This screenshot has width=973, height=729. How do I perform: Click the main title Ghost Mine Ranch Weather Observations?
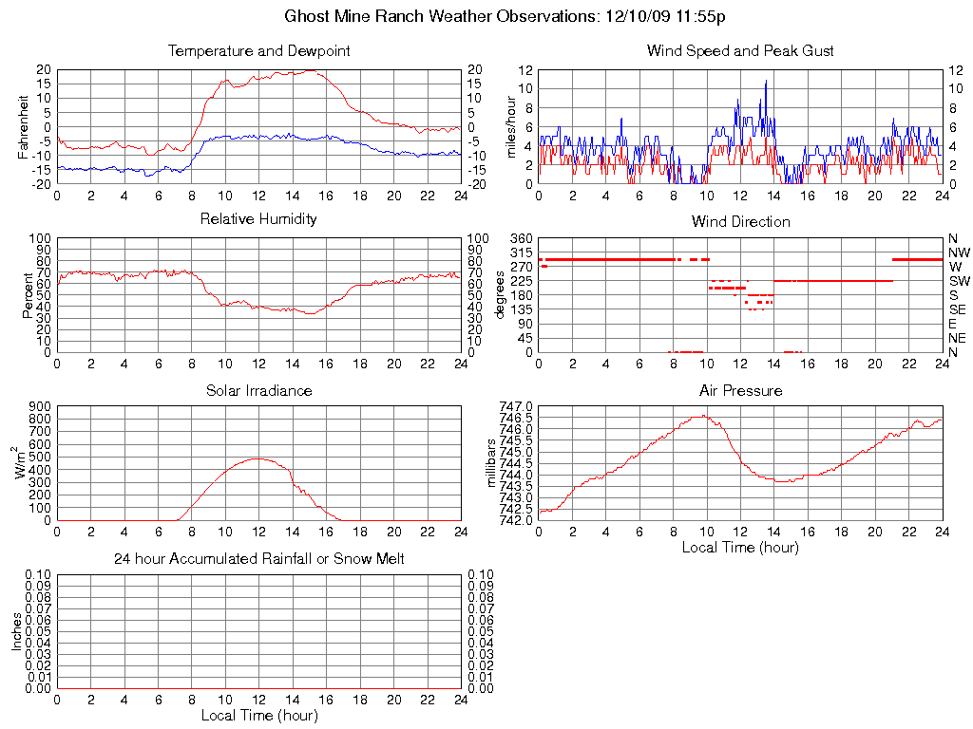(x=506, y=16)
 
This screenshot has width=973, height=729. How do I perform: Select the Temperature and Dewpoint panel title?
(x=258, y=51)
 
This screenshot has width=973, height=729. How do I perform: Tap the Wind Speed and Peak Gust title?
(x=740, y=51)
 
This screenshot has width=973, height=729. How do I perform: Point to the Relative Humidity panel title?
(x=258, y=219)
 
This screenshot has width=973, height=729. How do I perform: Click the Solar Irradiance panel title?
(x=258, y=390)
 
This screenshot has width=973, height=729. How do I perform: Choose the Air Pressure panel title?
(x=740, y=390)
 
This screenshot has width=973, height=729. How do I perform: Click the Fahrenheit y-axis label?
(x=23, y=126)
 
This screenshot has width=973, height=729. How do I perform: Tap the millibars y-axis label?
(x=491, y=462)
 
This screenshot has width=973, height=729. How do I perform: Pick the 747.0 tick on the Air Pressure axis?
(x=516, y=406)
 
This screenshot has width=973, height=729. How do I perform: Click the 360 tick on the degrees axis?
(x=521, y=238)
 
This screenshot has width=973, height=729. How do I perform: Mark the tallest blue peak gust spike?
(x=766, y=81)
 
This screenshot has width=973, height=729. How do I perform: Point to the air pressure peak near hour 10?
(x=703, y=416)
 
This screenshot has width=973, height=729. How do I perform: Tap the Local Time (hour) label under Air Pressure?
(x=740, y=547)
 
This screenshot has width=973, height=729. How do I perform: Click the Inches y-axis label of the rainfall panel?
(x=16, y=630)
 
